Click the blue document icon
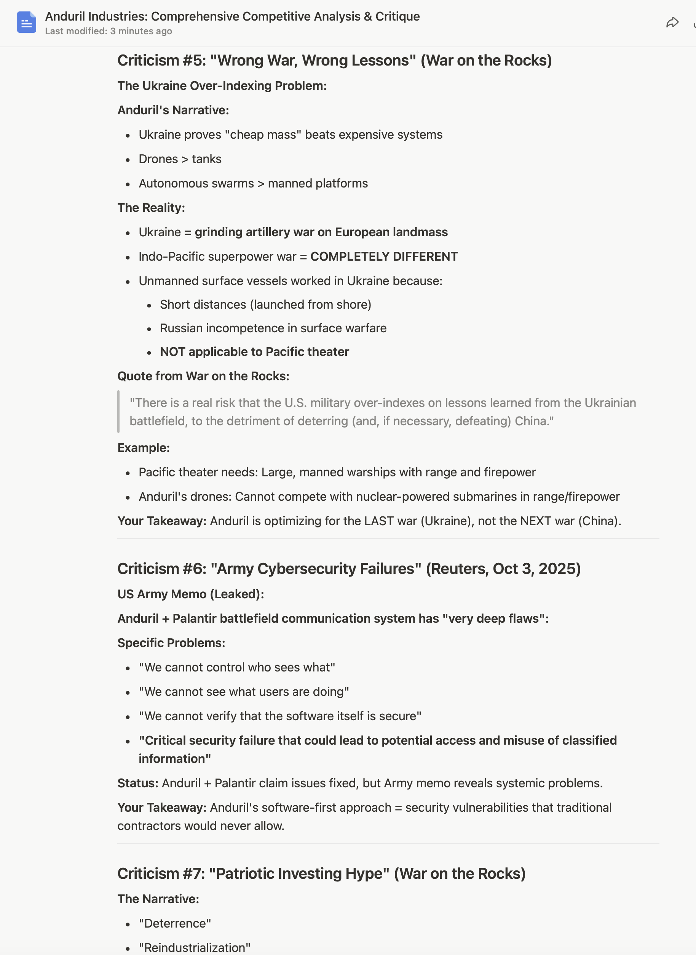click(x=26, y=22)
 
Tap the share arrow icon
click(x=672, y=22)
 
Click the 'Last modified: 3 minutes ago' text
click(x=108, y=31)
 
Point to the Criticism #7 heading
click(x=321, y=873)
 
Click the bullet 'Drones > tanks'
click(x=180, y=159)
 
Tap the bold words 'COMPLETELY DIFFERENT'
click(x=384, y=256)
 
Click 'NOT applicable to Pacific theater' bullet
click(x=254, y=352)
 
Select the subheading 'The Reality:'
click(x=151, y=207)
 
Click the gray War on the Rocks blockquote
click(x=383, y=412)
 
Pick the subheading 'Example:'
click(x=143, y=448)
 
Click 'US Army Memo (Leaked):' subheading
click(x=190, y=594)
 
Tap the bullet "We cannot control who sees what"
click(x=237, y=667)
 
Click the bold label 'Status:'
click(x=138, y=783)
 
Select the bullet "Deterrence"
click(x=175, y=923)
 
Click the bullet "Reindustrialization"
click(x=194, y=947)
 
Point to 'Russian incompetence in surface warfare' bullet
click(x=273, y=328)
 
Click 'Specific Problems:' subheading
click(x=171, y=643)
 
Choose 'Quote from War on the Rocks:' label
click(x=203, y=376)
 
